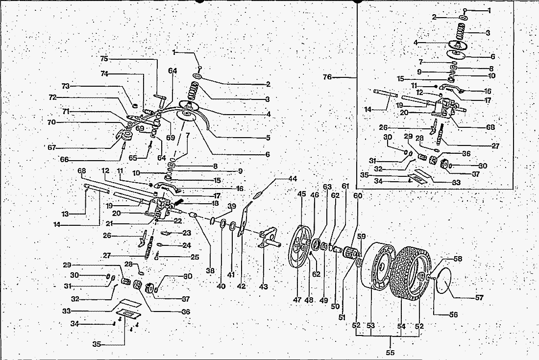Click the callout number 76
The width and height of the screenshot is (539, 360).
(x=328, y=77)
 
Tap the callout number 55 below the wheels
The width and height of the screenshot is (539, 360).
(x=390, y=352)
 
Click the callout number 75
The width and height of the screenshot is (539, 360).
(x=104, y=59)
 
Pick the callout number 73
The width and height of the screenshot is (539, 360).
(x=66, y=86)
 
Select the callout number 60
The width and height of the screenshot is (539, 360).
(x=358, y=196)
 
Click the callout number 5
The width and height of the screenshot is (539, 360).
(x=268, y=138)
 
